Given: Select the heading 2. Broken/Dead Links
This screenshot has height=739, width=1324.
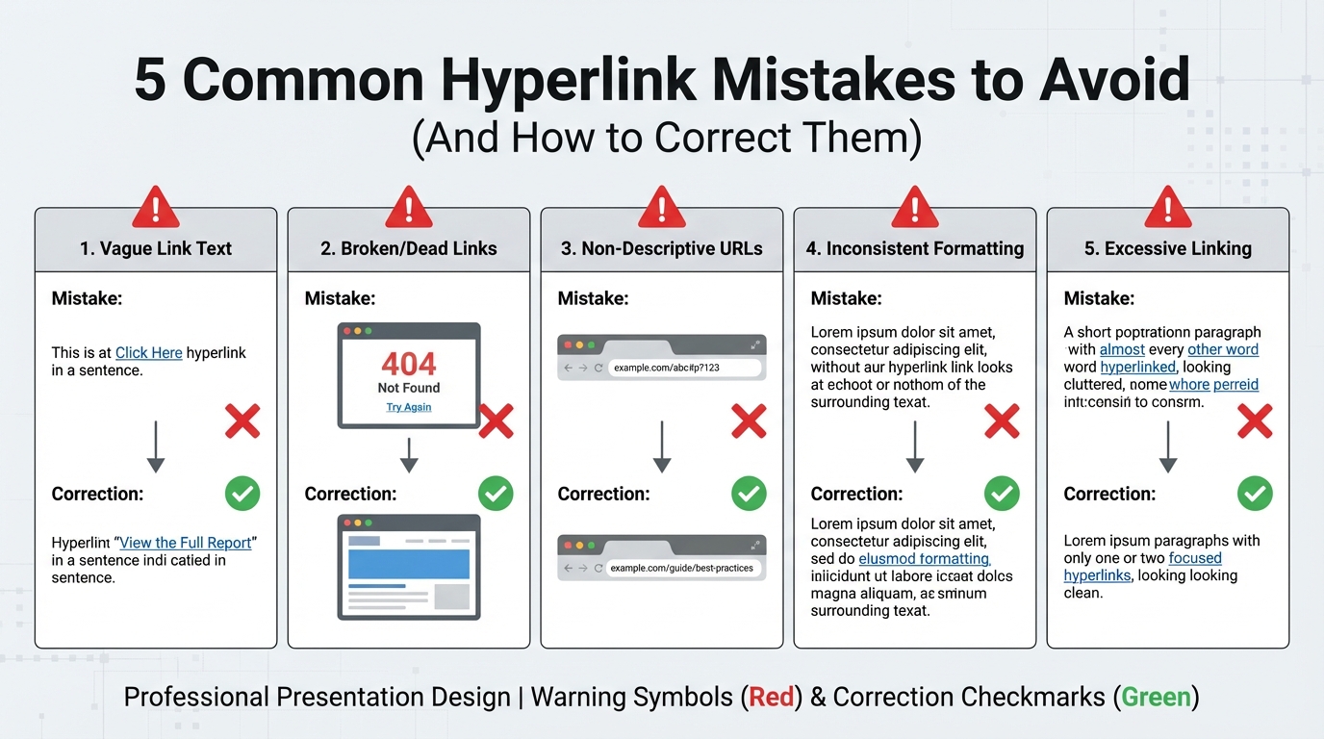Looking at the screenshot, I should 409,248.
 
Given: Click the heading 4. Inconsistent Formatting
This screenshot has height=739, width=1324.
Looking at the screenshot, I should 915,248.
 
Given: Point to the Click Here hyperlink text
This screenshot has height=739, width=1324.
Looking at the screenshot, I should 149,353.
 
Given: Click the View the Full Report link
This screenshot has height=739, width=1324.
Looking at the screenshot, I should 186,543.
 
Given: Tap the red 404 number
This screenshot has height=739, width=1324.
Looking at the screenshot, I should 409,364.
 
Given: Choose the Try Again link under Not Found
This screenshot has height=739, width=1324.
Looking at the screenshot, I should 409,407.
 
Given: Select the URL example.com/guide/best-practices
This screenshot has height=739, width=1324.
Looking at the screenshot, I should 681,568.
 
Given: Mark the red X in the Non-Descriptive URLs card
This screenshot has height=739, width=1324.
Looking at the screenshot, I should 749,420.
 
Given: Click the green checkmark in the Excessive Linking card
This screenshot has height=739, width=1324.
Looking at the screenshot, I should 1255,495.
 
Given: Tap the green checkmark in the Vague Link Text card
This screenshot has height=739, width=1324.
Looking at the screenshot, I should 242,495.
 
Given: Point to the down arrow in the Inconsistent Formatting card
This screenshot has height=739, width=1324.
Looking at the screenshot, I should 915,446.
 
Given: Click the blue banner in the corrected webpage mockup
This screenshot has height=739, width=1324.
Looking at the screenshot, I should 408,564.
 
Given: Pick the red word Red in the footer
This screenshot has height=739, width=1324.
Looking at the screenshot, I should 771,697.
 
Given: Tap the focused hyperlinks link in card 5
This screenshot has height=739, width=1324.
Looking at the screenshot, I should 1195,558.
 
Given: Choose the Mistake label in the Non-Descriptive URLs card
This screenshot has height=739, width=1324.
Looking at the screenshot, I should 593,298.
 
